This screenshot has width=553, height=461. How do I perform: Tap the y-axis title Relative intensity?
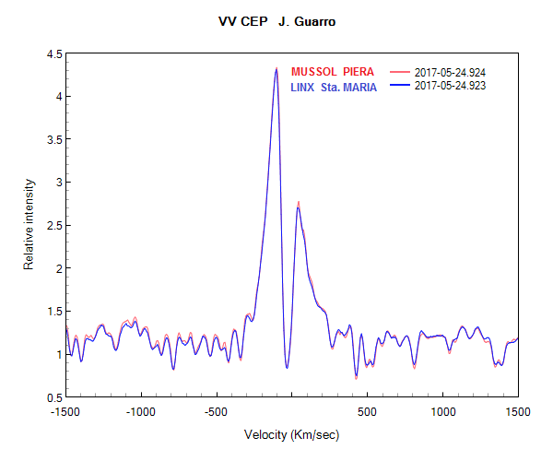coord(29,225)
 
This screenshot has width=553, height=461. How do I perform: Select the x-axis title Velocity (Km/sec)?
coord(292,433)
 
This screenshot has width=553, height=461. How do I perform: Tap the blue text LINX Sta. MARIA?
coord(334,87)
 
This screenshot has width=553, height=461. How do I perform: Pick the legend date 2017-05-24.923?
coord(451,86)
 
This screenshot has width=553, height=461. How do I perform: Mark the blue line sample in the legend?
coord(400,86)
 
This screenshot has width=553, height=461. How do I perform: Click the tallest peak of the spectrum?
coord(276,68)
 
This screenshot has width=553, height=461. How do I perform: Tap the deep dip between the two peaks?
coord(288,367)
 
